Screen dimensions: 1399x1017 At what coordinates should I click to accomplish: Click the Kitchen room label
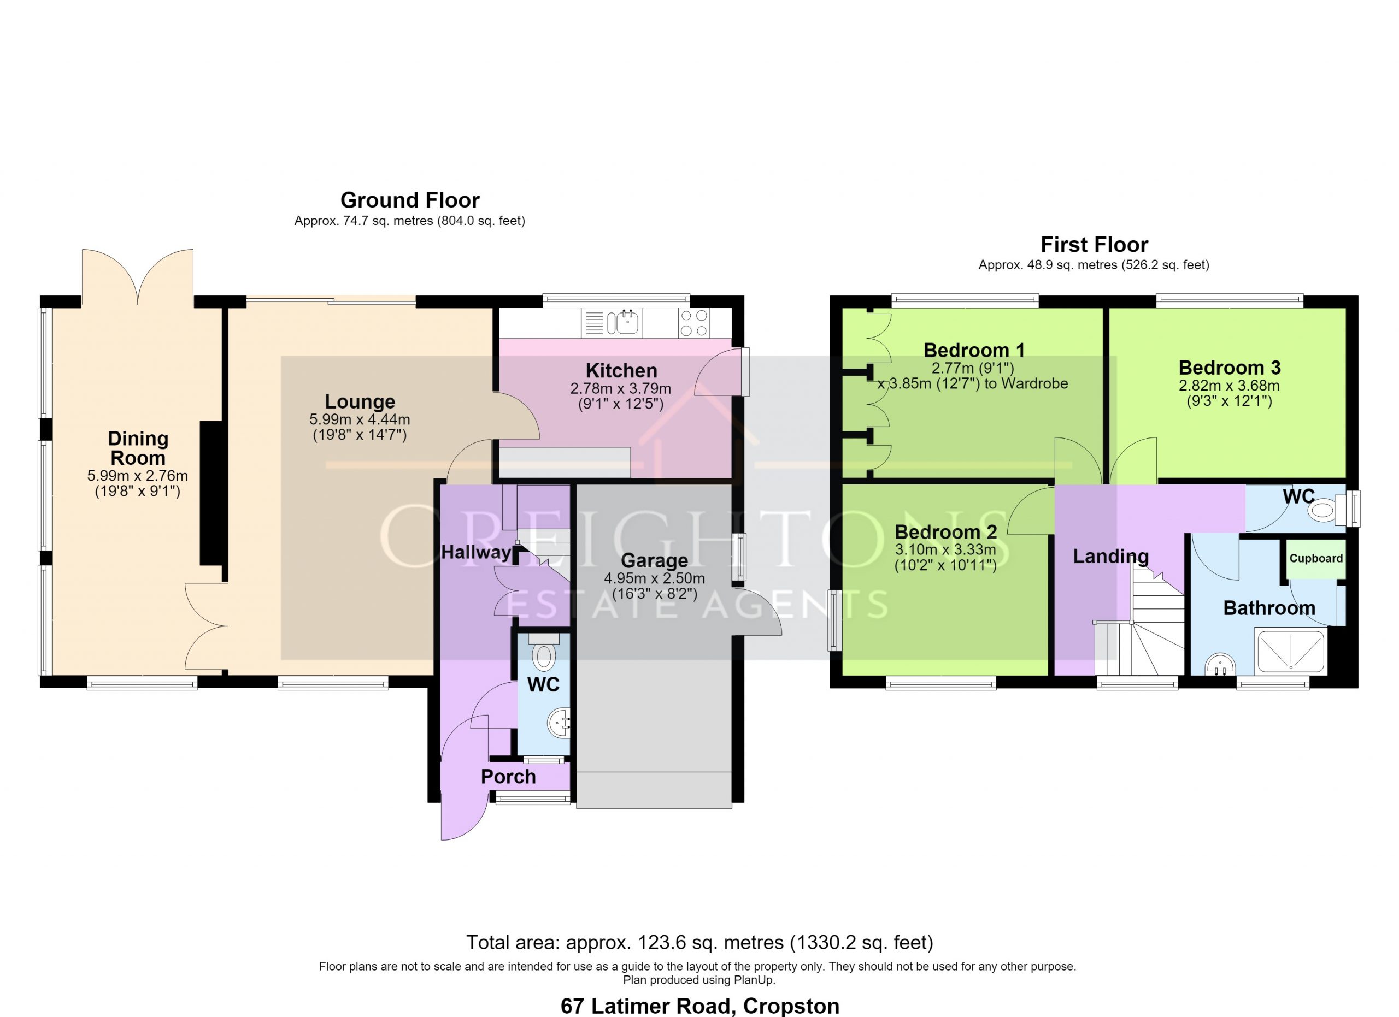pos(621,371)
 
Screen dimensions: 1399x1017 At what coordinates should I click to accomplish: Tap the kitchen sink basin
pos(628,322)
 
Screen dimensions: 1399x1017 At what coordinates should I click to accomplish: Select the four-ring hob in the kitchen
pos(694,323)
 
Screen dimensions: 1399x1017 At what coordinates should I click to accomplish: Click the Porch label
pos(508,777)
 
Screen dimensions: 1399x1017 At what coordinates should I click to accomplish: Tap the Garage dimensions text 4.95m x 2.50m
pos(654,578)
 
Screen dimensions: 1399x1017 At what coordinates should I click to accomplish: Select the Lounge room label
pos(360,402)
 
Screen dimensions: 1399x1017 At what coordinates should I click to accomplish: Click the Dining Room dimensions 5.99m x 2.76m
pos(138,476)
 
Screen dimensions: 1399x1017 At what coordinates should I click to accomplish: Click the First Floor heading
pos(1094,245)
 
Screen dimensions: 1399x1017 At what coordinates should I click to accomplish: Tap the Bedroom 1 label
pos(974,350)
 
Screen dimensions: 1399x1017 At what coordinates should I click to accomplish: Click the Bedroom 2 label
pos(945,532)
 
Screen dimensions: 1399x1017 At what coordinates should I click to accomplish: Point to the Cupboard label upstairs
pos(1316,558)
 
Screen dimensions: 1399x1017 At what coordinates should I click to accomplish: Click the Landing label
pos(1110,557)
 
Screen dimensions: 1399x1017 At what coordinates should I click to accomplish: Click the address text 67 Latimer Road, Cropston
pos(699,1006)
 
